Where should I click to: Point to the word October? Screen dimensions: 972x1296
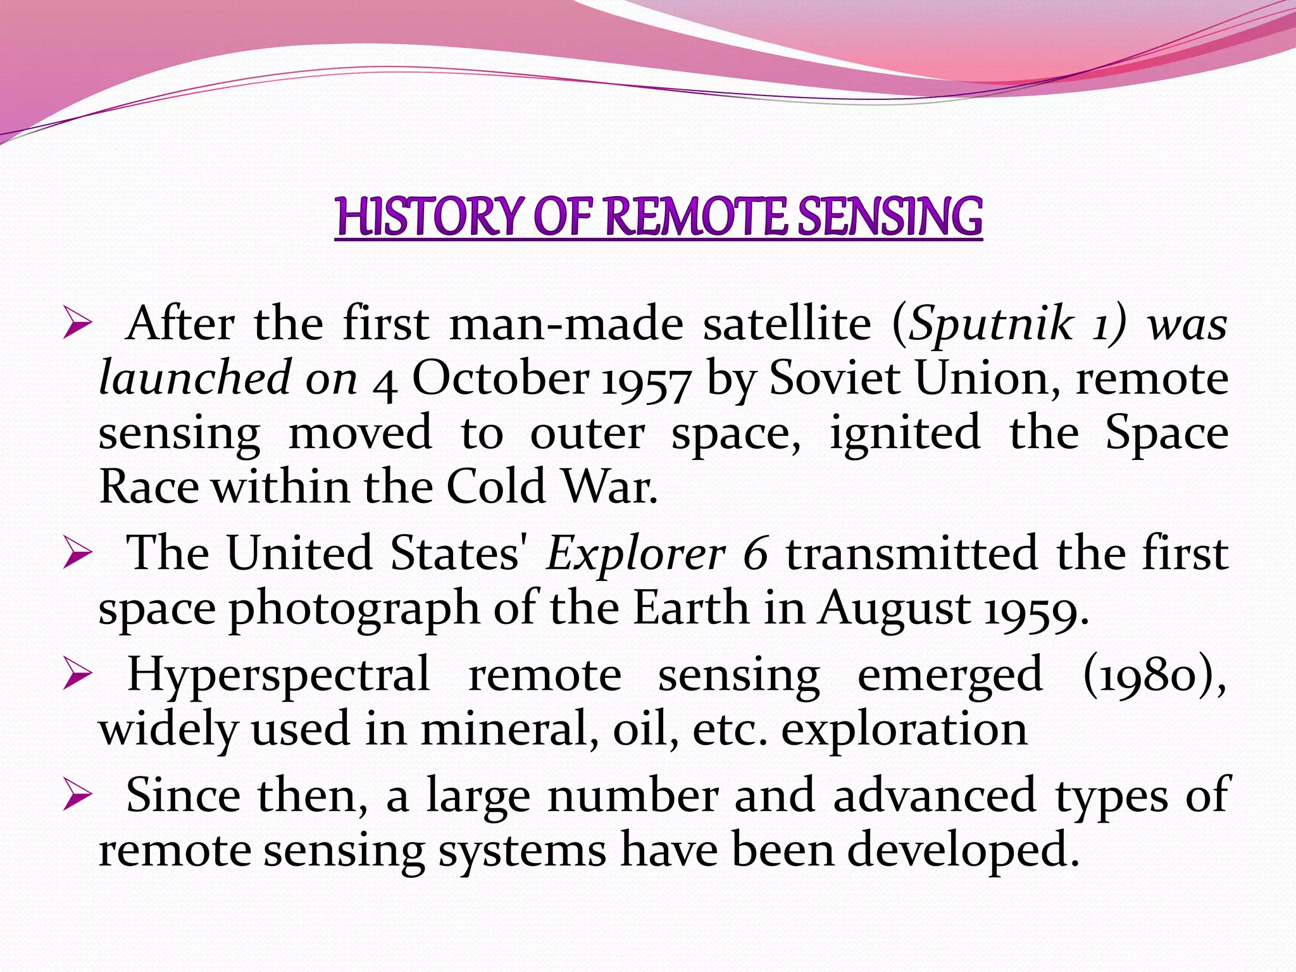(x=500, y=379)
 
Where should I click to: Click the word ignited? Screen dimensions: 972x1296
(x=905, y=434)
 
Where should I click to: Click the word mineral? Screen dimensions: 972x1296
(x=510, y=730)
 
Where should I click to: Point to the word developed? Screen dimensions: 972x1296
(x=963, y=851)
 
